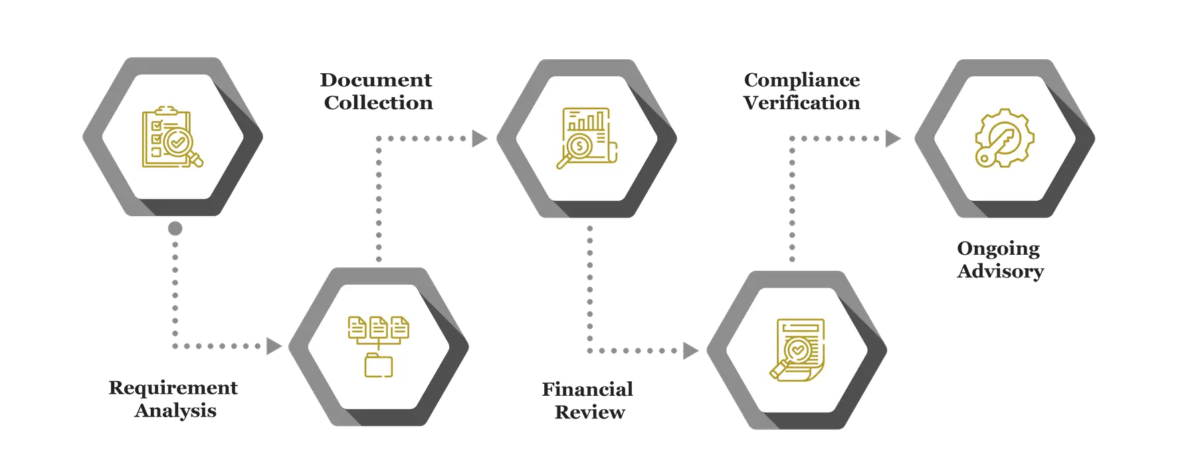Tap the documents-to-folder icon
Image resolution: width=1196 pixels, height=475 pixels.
coord(379,347)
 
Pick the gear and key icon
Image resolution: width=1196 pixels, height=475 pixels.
coord(1004,138)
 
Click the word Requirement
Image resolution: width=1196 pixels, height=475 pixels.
coord(173,387)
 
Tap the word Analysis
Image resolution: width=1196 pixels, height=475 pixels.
coord(176,410)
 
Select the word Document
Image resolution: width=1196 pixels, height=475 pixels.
coord(376,80)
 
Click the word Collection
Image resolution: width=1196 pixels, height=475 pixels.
coord(379,103)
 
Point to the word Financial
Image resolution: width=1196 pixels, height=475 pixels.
coord(588,389)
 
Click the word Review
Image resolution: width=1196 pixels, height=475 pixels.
coord(590,412)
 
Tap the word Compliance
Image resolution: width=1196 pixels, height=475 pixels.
coord(802,80)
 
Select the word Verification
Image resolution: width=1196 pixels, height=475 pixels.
coord(802,103)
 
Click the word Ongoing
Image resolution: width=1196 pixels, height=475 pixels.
coord(999,249)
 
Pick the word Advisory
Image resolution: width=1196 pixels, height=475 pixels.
coord(1001,271)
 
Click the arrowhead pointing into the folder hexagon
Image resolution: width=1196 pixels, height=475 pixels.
coord(273,346)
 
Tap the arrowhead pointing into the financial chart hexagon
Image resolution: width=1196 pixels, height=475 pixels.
coord(479,138)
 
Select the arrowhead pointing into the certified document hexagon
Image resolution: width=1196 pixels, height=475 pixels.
coord(691,350)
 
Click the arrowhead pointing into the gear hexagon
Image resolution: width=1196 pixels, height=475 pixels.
coord(893,138)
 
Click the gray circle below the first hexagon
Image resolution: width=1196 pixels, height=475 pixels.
coord(175,229)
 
